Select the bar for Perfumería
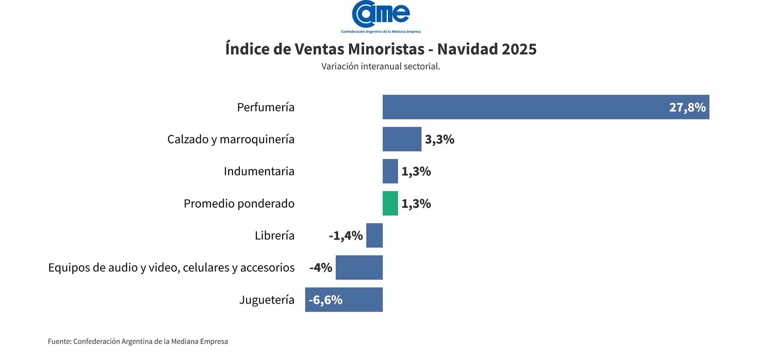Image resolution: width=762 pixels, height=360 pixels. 524,107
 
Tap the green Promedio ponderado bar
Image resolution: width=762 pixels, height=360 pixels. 390,204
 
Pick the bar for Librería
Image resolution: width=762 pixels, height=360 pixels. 374,236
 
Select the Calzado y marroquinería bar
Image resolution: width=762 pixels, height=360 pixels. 402,139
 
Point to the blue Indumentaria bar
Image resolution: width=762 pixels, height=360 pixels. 390,171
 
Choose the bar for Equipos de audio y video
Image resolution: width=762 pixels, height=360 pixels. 359,268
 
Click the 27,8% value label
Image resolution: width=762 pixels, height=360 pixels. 687,108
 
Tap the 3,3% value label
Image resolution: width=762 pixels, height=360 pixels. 439,140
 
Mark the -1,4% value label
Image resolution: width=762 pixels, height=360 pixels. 345,236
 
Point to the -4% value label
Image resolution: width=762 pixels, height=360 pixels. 321,268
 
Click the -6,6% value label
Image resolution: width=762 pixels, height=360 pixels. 325,300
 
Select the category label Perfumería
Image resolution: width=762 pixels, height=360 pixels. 266,108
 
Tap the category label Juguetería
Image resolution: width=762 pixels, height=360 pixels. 267,300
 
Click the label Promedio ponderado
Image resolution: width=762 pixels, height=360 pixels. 239,204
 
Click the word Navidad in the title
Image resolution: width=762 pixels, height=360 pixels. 467,49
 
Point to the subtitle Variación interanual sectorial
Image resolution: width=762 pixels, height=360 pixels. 381,66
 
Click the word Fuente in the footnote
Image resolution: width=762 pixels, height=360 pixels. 60,341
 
